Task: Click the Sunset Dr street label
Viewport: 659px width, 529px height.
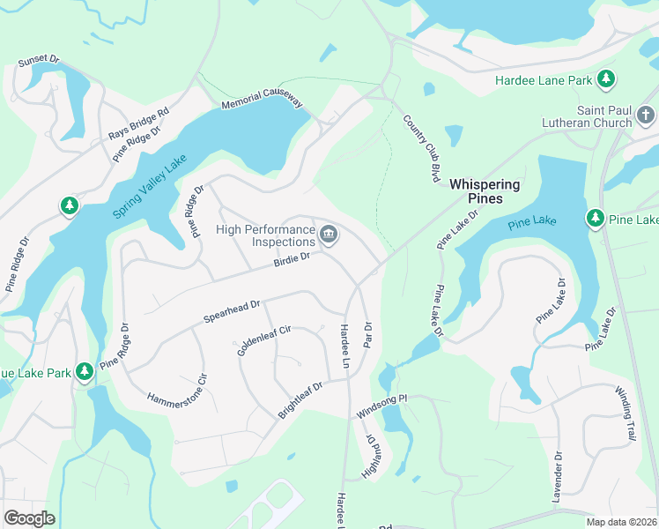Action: tap(39, 62)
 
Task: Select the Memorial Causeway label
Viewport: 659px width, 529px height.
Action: tap(263, 103)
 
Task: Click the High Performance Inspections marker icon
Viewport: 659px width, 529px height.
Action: tap(329, 234)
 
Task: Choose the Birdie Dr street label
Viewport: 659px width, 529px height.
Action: tap(292, 258)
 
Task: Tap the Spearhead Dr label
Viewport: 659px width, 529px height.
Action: tap(232, 309)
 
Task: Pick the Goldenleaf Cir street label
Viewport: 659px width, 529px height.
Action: tap(263, 339)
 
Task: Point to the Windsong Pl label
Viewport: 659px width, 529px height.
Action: tap(381, 406)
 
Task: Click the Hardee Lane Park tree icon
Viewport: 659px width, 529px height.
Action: tap(606, 80)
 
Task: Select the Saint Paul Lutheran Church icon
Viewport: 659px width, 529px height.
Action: tap(646, 115)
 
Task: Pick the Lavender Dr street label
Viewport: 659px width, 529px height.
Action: tap(558, 477)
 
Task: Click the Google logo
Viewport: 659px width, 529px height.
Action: tap(29, 518)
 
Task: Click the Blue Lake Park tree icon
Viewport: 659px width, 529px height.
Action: tap(85, 372)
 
